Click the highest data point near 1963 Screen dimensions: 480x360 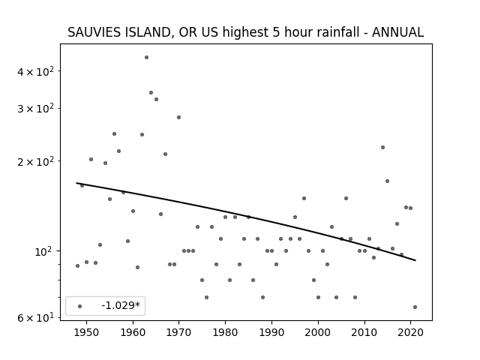tap(147, 58)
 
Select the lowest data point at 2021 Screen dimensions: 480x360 tap(415, 307)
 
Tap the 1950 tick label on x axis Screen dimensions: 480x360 tap(87, 332)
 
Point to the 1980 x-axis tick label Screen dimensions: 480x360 tap(225, 332)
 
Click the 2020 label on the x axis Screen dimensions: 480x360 tap(410, 332)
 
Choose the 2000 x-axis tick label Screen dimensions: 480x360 tap(318, 332)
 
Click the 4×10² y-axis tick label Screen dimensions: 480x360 tap(35, 72)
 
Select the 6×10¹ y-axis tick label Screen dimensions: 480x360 tap(35, 318)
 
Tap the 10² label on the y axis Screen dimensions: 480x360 tap(44, 252)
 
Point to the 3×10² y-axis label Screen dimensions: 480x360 tap(35, 109)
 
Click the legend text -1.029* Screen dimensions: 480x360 tap(121, 305)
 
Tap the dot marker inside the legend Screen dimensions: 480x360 tap(80, 307)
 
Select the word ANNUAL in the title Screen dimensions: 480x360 tap(397, 32)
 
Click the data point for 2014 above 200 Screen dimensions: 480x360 tap(382, 148)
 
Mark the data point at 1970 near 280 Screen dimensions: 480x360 tap(178, 118)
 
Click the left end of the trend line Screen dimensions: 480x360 tap(76, 183)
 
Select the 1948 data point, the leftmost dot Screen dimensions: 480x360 tap(77, 266)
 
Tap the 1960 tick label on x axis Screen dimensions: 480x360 tap(133, 332)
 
